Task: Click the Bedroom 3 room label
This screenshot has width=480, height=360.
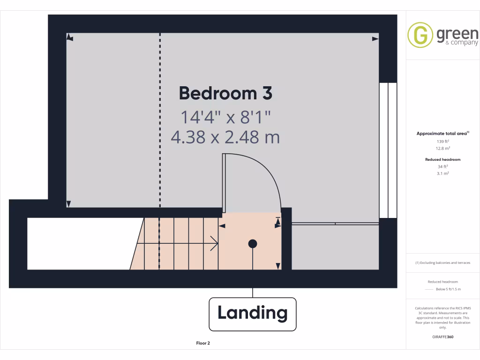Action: click(x=225, y=93)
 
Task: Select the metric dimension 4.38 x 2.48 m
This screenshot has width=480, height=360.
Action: click(x=225, y=138)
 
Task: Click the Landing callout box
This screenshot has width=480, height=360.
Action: click(x=253, y=313)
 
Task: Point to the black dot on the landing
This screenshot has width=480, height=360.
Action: click(x=253, y=243)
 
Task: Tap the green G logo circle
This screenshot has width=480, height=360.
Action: click(x=420, y=35)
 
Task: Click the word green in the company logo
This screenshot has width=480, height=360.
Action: click(x=457, y=34)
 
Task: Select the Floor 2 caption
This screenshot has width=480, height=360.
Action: click(x=203, y=343)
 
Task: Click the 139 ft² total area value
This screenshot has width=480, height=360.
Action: click(x=443, y=141)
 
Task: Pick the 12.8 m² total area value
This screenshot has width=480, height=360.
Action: click(x=443, y=148)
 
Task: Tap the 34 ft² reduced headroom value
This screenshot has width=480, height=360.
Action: click(x=443, y=166)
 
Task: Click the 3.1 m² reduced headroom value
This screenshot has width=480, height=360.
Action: click(x=443, y=173)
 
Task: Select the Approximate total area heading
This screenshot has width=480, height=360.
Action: click(x=442, y=134)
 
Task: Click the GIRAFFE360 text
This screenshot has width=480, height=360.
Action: click(x=443, y=337)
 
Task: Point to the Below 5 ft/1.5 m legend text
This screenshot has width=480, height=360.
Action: click(x=448, y=289)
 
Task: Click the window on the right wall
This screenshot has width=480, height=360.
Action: click(x=388, y=150)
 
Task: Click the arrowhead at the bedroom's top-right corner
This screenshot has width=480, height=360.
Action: click(x=375, y=39)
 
